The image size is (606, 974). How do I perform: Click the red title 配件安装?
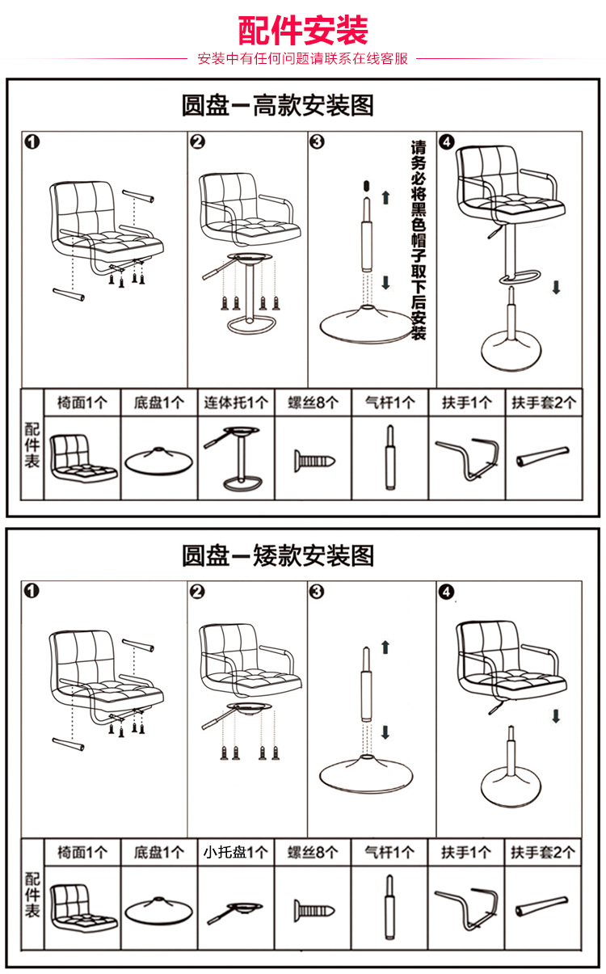pos(303,32)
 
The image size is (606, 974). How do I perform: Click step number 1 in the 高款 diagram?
pos(32,142)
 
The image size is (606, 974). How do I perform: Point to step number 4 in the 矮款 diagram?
pos(446,592)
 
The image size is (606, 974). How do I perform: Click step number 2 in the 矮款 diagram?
pos(197,592)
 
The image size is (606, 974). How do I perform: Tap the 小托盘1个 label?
pos(235,852)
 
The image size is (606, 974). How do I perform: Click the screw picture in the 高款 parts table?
pos(313,461)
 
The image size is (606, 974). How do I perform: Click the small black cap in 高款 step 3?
pos(364,185)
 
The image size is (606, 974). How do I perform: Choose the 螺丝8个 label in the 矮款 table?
pos(313,852)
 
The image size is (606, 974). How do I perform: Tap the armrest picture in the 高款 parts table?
pos(466,457)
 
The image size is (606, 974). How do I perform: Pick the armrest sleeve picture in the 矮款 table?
pos(542,907)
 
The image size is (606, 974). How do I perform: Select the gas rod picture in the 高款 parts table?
pos(389,457)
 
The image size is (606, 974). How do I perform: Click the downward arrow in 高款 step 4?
pos(556,288)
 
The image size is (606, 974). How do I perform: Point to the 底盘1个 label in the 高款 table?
pos(159,403)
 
